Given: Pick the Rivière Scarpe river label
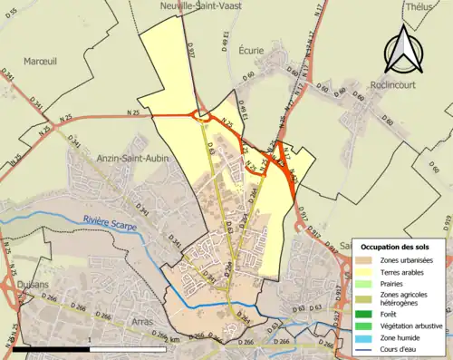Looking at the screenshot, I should (x=107, y=219).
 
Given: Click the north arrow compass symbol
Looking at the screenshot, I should (x=400, y=51).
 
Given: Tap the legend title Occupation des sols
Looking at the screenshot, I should (x=397, y=247).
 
